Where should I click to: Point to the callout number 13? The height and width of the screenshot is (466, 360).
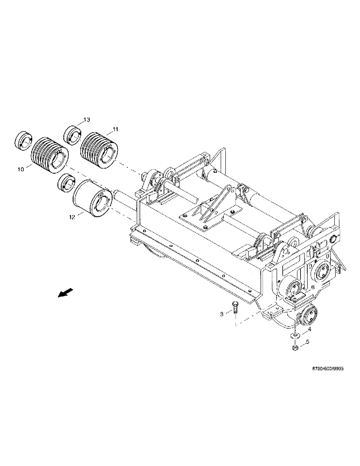(87, 120)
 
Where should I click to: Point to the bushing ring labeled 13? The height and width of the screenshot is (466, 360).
(72, 133)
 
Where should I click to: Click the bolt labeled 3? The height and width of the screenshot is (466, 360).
(235, 308)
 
